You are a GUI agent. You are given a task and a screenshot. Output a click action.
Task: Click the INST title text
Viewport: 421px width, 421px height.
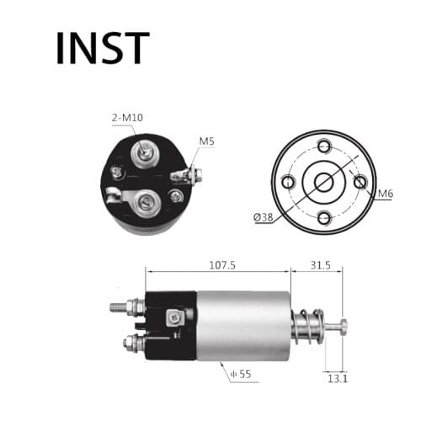[102, 48]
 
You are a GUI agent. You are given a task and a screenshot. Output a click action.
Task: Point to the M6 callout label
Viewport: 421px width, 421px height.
[385, 195]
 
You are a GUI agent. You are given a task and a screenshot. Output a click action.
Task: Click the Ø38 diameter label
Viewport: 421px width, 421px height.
[263, 216]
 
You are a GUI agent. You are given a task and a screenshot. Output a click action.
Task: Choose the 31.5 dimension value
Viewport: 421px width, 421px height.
[320, 264]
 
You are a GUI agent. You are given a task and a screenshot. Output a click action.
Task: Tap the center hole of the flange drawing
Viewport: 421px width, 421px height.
[324, 181]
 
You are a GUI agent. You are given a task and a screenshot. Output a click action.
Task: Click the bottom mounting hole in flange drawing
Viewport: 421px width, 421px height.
[324, 217]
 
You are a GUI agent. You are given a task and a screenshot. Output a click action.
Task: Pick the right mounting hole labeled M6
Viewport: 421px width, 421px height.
[360, 181]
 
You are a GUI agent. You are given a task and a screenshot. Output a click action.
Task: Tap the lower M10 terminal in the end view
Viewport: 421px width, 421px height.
[147, 201]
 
